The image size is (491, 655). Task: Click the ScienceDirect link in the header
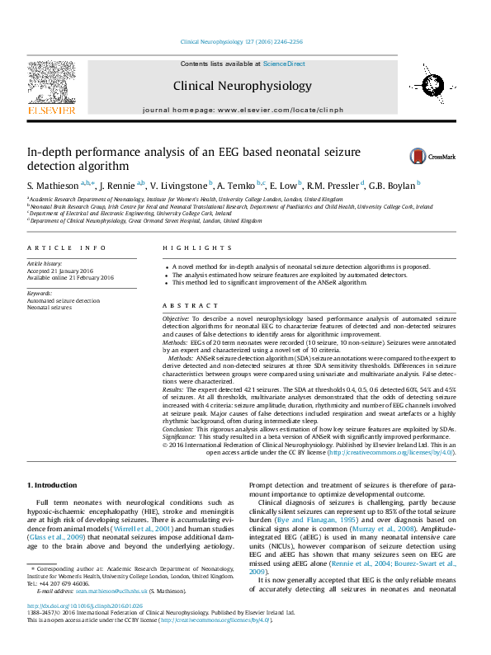tap(284, 64)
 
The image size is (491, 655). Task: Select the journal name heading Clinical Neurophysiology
tap(242, 86)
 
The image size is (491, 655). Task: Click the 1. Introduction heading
tap(53, 484)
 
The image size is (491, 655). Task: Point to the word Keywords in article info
tap(40, 293)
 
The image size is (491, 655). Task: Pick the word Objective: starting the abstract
tap(176, 317)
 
